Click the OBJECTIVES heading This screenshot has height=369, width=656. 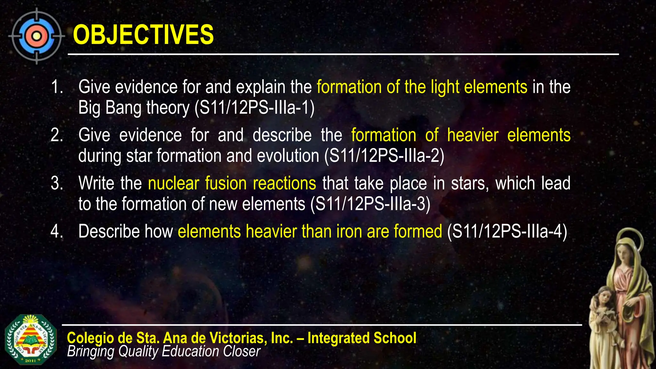(143, 35)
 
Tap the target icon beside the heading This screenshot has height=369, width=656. (36, 36)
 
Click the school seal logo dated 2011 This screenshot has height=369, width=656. (31, 340)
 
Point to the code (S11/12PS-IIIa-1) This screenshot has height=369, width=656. (254, 108)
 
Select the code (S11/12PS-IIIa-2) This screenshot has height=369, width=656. (384, 156)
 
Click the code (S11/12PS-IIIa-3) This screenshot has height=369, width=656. (370, 204)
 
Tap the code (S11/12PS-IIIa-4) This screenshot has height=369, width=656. (507, 231)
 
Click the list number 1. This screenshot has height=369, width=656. (57, 87)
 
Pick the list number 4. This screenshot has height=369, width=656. (57, 231)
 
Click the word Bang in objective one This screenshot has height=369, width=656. (123, 108)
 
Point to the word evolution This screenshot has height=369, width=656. (288, 156)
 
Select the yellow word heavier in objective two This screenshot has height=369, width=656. (473, 135)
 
